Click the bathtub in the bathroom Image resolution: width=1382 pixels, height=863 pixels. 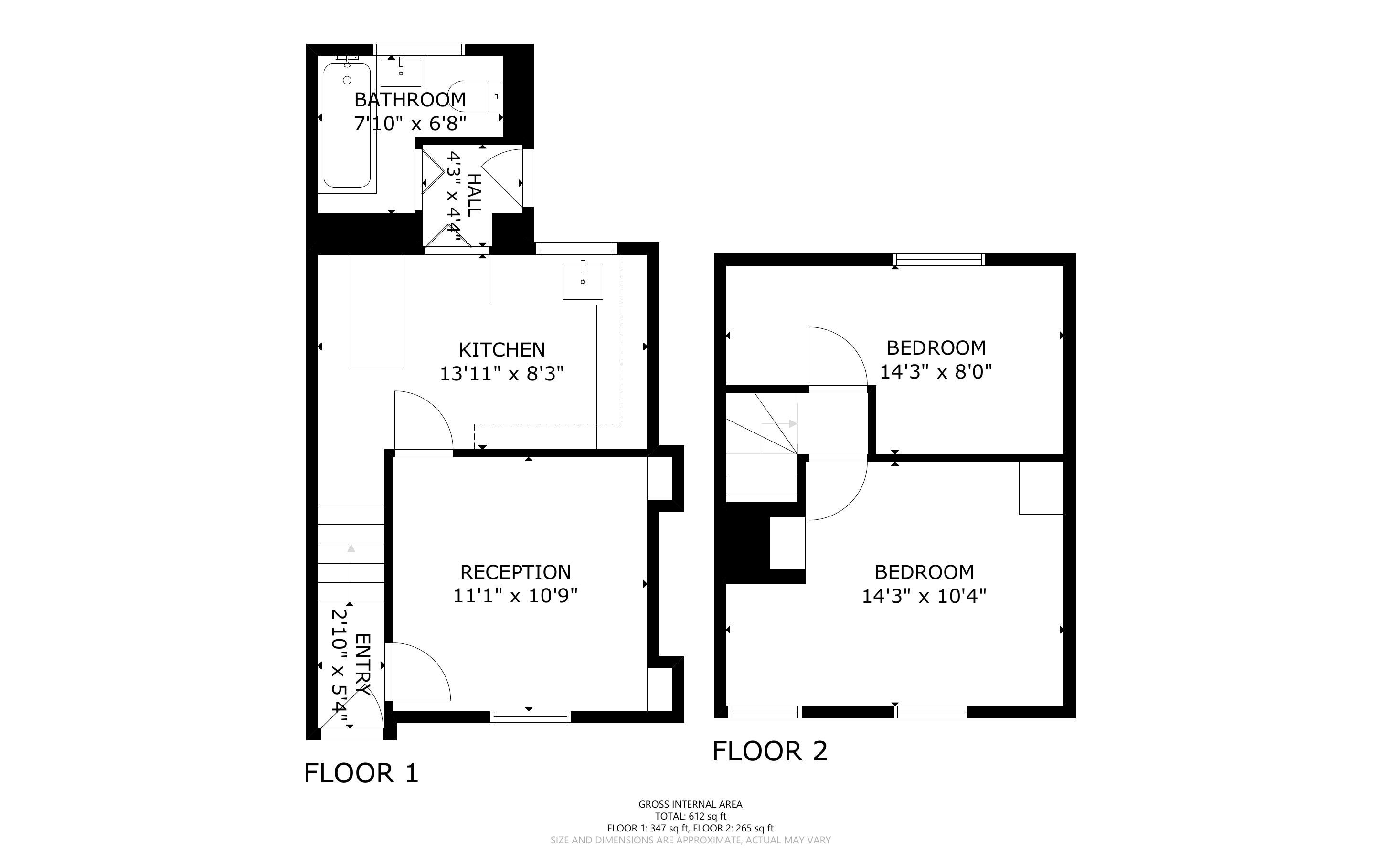coord(347,125)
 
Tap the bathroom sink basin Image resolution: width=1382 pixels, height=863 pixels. coord(401,73)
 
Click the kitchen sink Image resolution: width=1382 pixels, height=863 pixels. coord(583,281)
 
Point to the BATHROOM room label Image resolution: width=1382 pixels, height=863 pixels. coord(410,100)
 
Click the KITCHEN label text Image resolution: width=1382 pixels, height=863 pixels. coord(502,349)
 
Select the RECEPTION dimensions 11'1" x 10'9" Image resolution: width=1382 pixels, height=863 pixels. coord(515,596)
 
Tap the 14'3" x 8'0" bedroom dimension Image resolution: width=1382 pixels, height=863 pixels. coord(936,371)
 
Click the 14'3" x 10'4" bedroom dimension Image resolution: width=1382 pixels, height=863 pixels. coord(924,596)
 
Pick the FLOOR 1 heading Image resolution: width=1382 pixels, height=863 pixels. coord(361,773)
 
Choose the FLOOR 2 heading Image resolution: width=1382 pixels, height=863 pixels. coord(770,751)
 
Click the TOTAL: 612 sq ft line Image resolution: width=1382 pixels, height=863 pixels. coord(691,816)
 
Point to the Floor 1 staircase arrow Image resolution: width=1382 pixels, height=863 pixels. coord(351,572)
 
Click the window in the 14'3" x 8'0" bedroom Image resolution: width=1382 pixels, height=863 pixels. coord(940,260)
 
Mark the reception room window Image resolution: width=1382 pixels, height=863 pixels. coord(531,717)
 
